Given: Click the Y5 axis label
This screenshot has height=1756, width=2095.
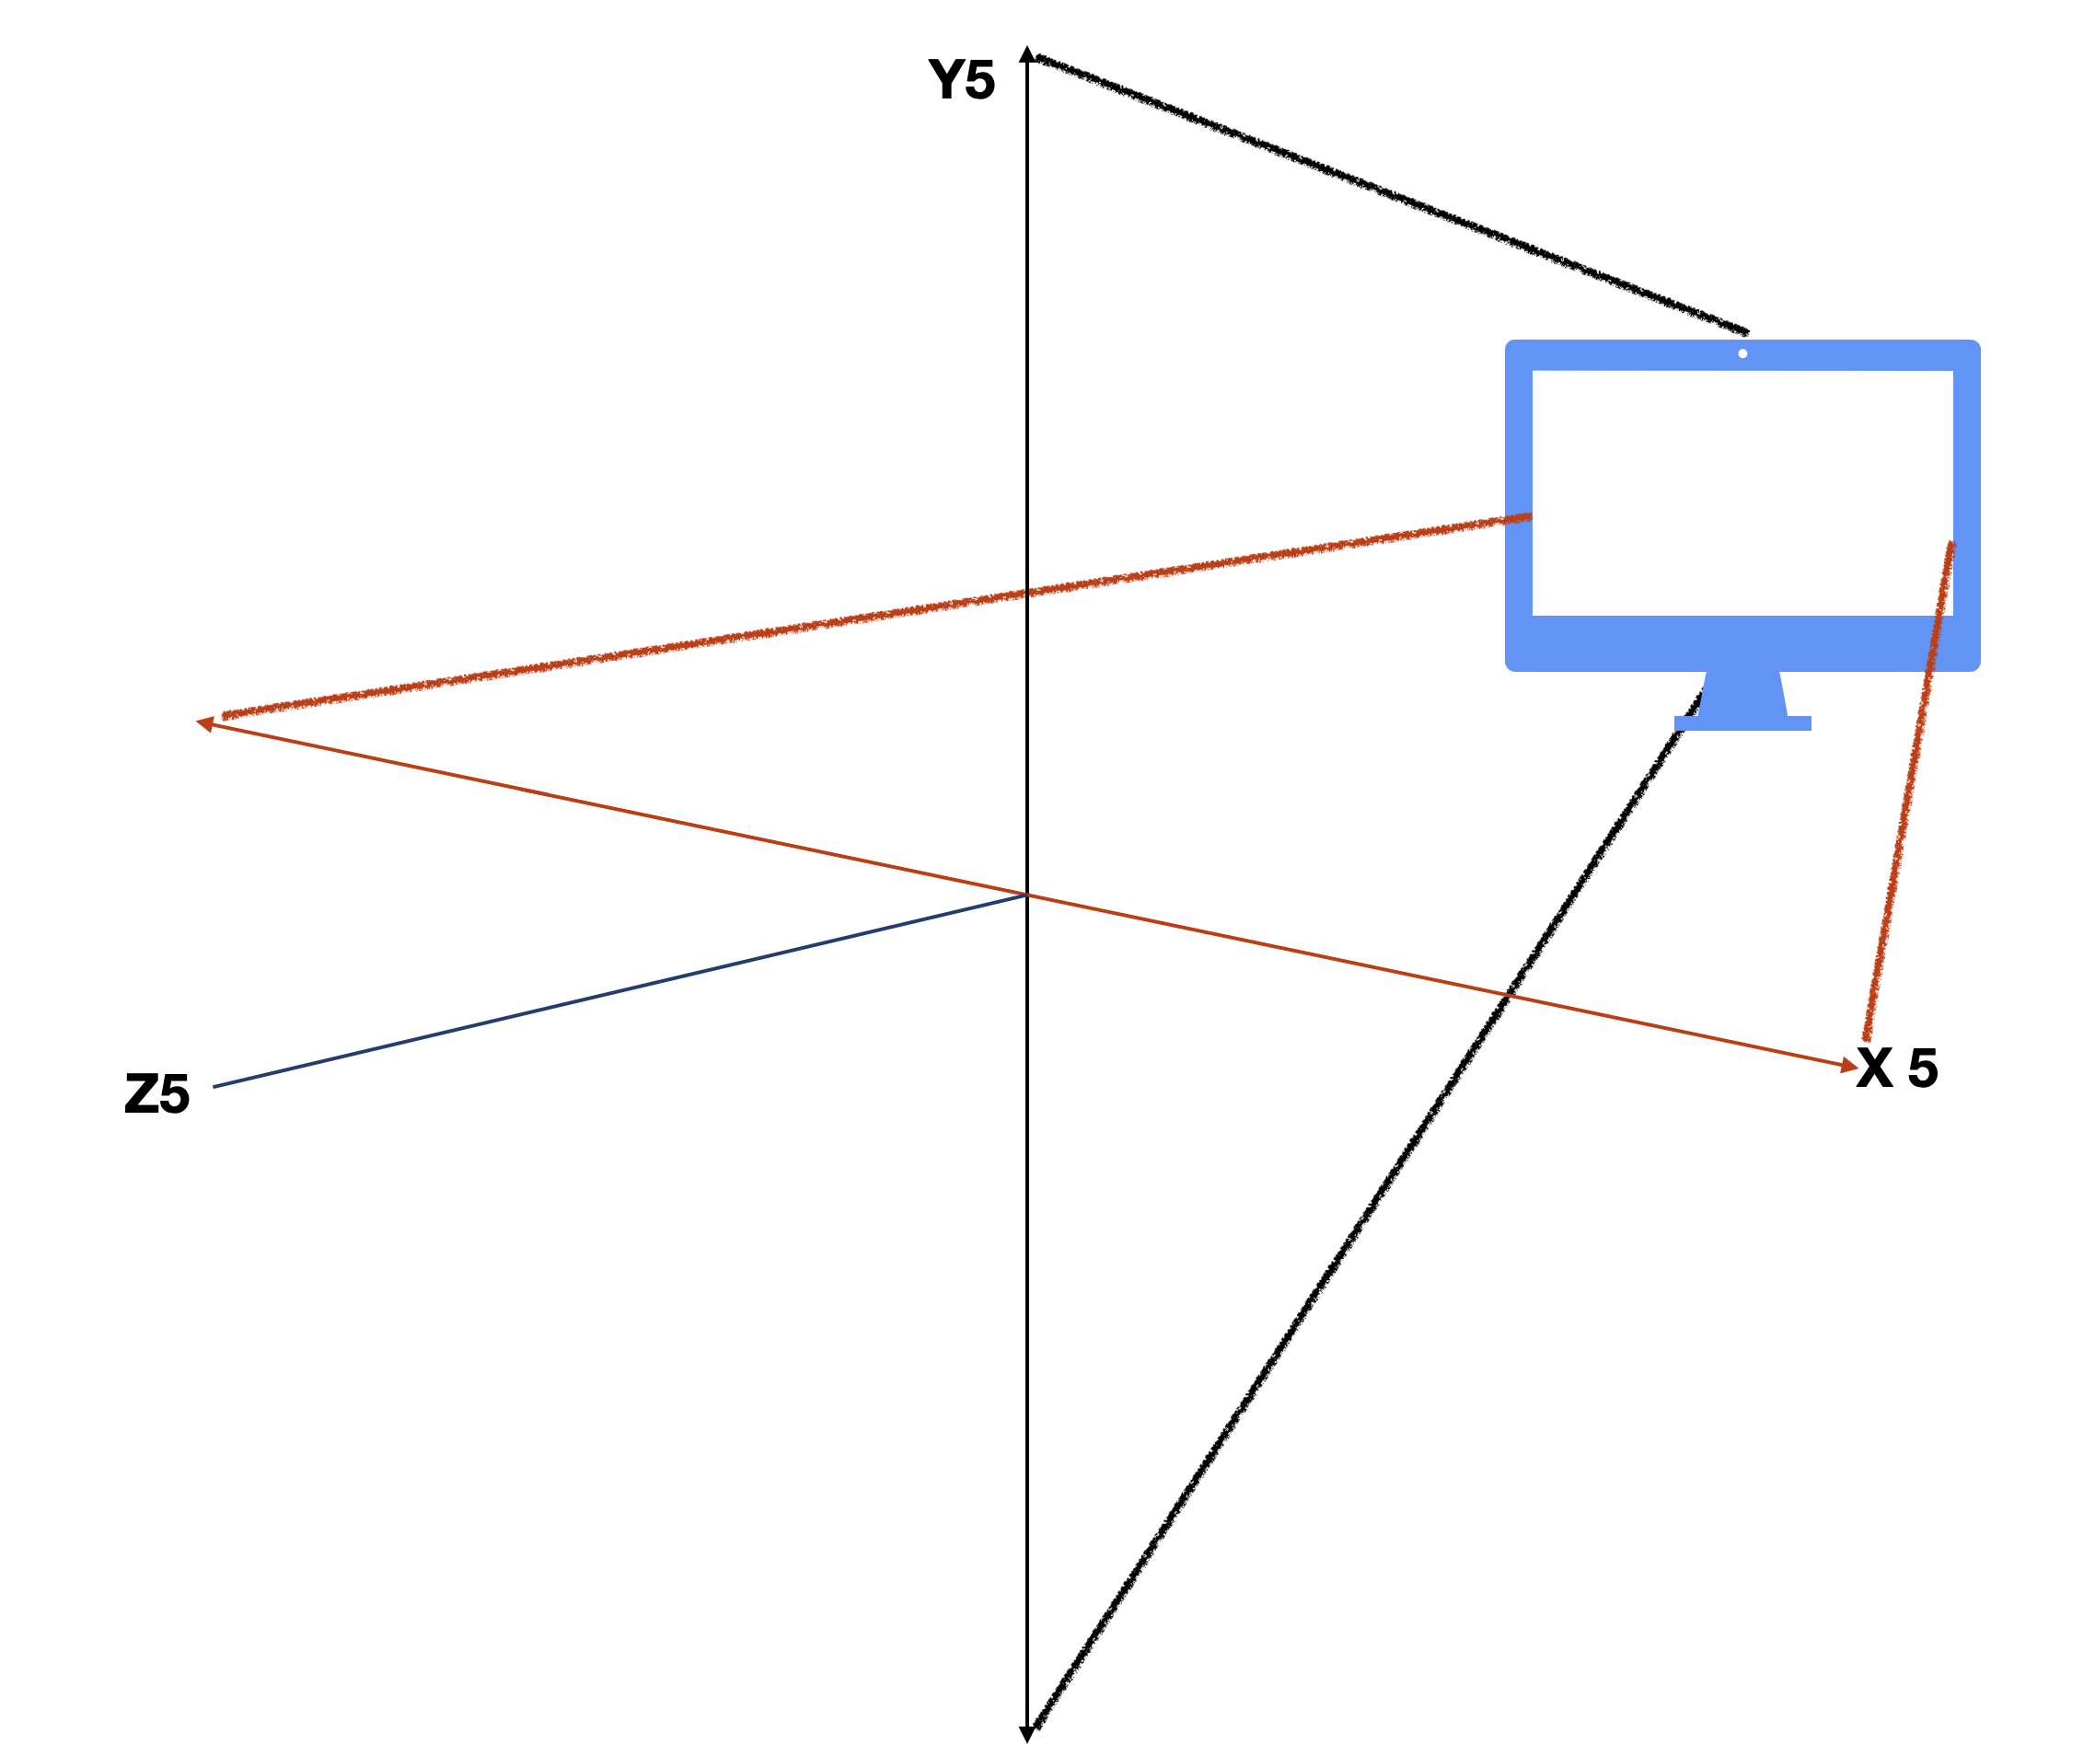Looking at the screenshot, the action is [961, 80].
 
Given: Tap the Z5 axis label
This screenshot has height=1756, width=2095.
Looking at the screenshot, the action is [156, 1094].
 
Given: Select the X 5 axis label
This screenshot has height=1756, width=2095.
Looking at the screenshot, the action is [1896, 1069].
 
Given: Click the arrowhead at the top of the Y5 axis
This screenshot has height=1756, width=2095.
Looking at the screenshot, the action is [1026, 54].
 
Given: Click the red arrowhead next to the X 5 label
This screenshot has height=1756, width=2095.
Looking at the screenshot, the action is [1848, 1066].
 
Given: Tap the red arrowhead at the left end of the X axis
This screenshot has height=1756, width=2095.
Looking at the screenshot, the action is [205, 722].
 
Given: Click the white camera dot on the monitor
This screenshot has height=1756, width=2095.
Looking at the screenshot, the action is [1742, 353].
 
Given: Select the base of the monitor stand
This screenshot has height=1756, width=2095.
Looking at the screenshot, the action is [1742, 723].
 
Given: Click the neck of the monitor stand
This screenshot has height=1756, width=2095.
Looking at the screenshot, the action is [1742, 693].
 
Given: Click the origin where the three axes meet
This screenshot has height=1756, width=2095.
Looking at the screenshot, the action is [1026, 895].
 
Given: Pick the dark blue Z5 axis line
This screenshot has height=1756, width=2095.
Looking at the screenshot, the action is [619, 991].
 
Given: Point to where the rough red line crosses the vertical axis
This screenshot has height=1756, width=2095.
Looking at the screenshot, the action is [1026, 593].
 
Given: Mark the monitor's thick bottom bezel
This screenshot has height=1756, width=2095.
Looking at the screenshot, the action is [1742, 642].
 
